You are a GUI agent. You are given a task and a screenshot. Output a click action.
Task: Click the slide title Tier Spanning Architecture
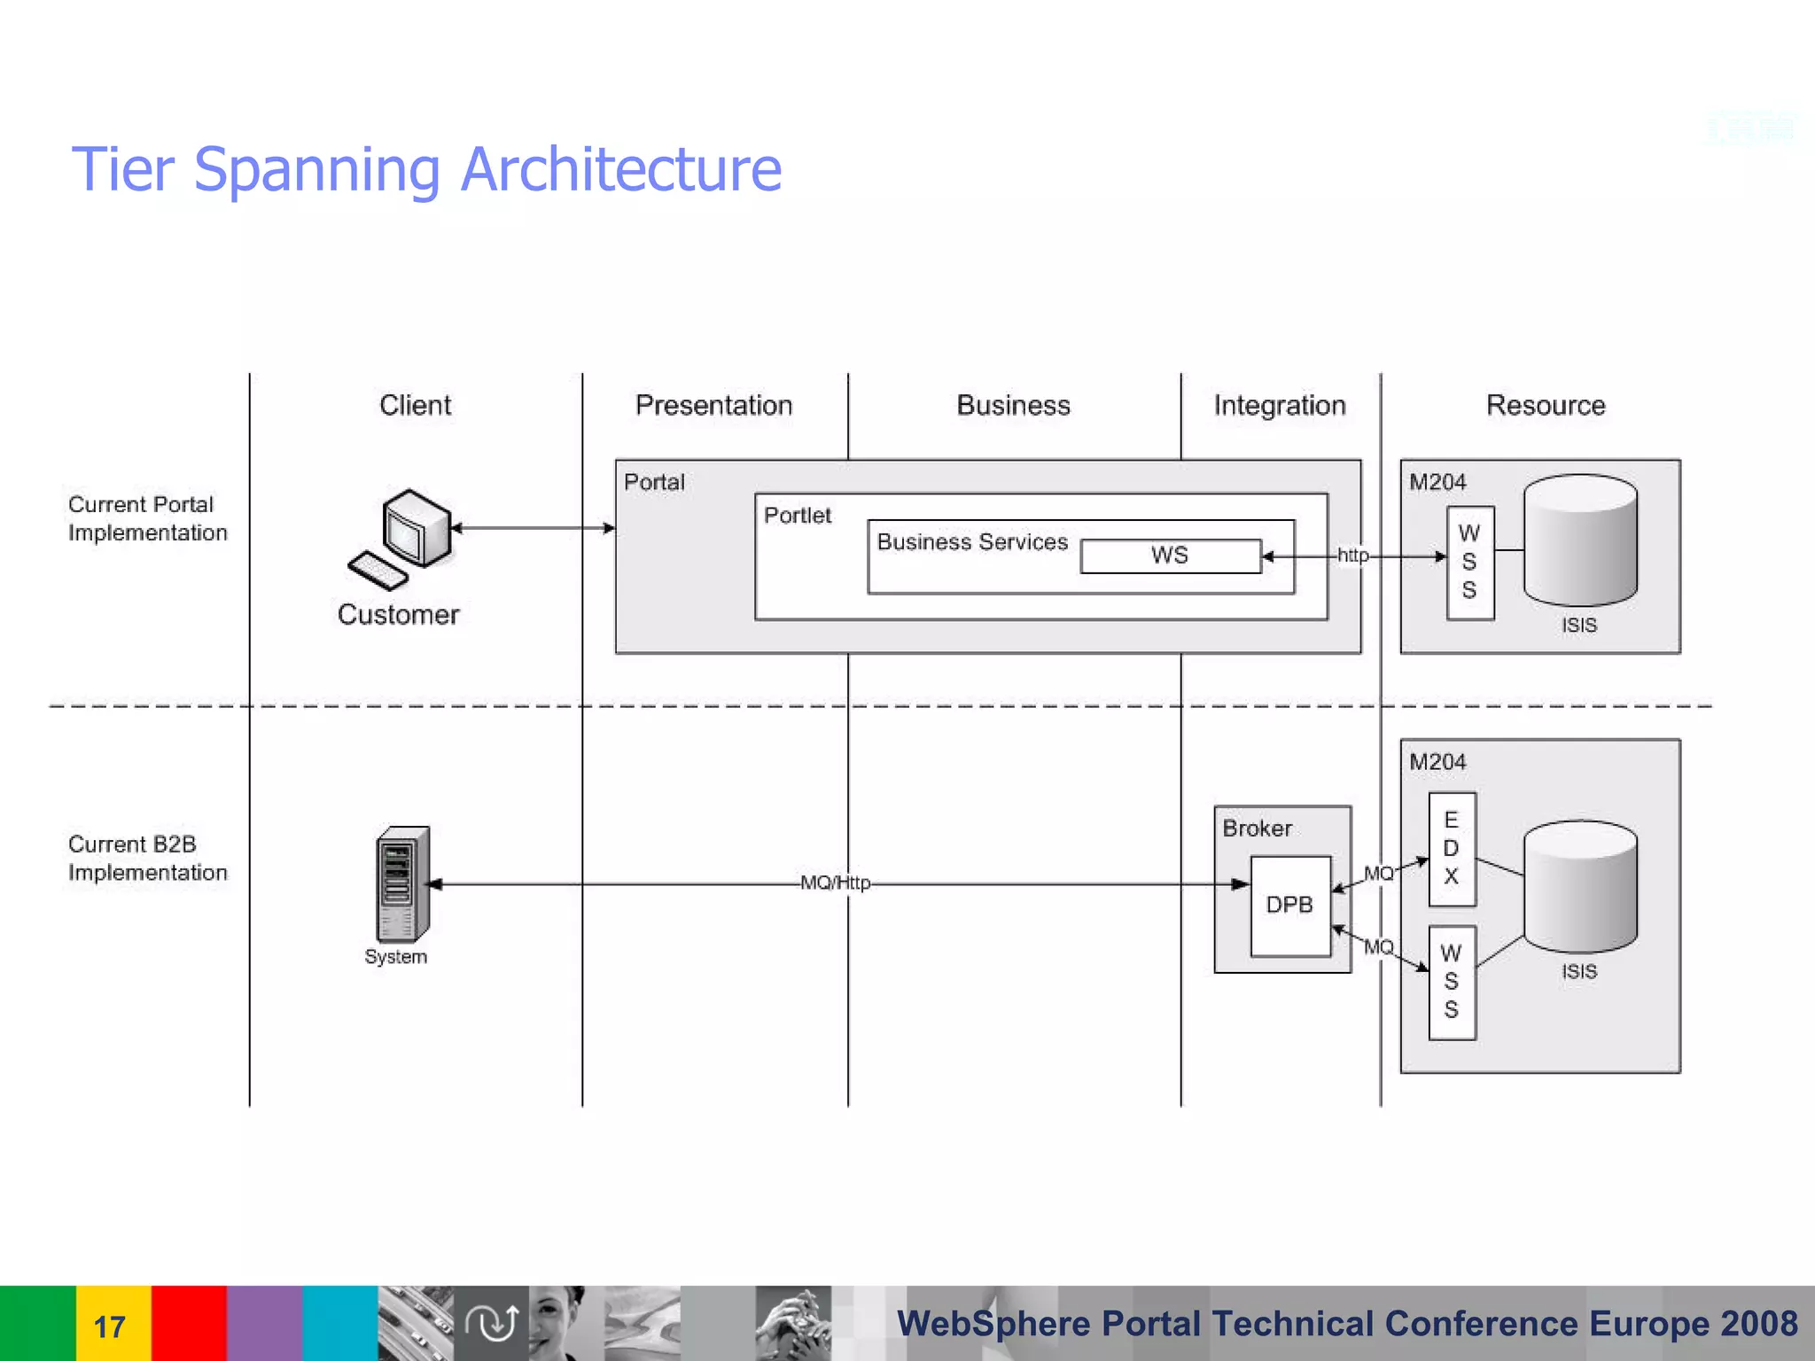tap(426, 169)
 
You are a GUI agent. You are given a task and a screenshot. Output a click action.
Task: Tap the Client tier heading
tap(415, 405)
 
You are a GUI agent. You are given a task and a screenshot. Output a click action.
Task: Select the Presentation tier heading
tap(713, 405)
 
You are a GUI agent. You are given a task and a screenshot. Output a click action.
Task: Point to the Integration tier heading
tap(1279, 405)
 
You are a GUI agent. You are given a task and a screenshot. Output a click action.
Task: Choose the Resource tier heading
tap(1545, 405)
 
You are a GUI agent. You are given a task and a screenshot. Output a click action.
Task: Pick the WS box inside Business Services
tap(1170, 556)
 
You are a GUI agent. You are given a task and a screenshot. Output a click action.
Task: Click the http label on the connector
tap(1352, 556)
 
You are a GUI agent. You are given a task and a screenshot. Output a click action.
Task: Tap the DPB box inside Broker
tap(1289, 905)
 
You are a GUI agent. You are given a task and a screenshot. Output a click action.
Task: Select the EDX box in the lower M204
tap(1452, 848)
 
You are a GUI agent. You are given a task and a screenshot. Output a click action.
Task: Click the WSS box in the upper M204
tap(1469, 562)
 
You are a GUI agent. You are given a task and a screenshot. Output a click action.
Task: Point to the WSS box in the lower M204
tap(1452, 982)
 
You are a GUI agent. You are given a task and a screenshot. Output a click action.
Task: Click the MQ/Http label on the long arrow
tap(835, 883)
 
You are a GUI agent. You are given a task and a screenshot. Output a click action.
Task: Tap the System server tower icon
tap(403, 883)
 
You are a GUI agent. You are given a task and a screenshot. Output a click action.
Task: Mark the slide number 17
tap(110, 1326)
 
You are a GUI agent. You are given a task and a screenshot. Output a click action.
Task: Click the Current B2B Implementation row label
tap(147, 858)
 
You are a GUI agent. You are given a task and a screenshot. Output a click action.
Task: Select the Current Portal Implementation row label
tap(147, 518)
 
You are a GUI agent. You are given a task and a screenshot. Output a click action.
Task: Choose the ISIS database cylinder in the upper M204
tap(1580, 541)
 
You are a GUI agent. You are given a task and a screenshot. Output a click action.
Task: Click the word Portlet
tap(798, 515)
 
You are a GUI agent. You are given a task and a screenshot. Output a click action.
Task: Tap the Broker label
tap(1257, 828)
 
